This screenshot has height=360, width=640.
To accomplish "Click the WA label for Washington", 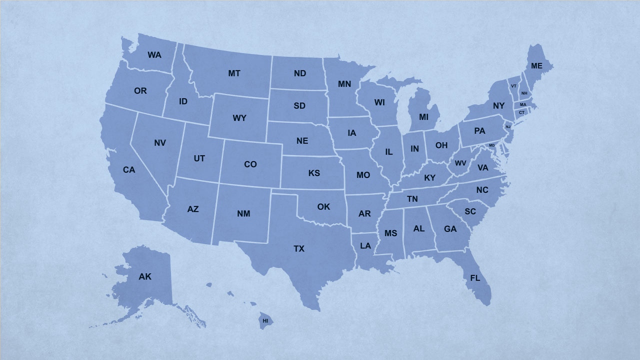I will click(154, 55).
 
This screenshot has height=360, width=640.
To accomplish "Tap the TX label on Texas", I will click(299, 248).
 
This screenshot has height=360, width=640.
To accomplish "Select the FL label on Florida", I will click(475, 278).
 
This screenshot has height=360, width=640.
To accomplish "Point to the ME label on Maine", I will click(536, 66).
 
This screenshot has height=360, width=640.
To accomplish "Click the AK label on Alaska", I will click(145, 276).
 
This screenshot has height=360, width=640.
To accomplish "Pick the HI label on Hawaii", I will click(265, 320).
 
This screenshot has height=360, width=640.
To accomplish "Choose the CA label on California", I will click(129, 170).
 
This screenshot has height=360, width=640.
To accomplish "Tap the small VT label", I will click(513, 86).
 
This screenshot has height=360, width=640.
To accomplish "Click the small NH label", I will click(524, 93).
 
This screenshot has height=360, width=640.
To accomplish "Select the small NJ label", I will click(508, 127).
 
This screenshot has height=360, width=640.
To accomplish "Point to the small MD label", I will click(491, 145).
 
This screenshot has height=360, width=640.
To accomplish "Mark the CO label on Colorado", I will click(250, 164).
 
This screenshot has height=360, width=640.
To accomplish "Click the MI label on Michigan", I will click(424, 117).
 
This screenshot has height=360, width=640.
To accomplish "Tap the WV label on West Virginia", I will click(460, 163).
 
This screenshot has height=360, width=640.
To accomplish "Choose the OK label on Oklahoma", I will click(323, 206).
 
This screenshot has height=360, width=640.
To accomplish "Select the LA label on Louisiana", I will click(365, 246).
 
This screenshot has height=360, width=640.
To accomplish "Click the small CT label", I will click(521, 112).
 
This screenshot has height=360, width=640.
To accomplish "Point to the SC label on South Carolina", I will click(470, 211).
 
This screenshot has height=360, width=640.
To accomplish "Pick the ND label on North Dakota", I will click(300, 73).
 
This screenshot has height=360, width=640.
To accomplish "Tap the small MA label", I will click(523, 104).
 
